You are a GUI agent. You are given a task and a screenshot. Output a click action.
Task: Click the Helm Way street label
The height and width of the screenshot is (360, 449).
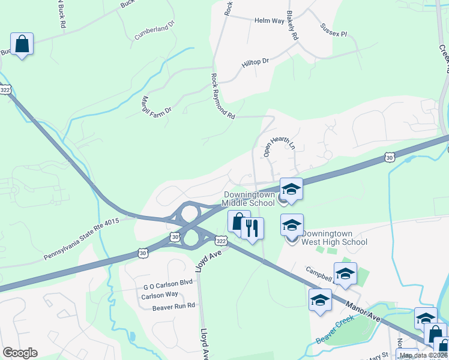tap(269, 21)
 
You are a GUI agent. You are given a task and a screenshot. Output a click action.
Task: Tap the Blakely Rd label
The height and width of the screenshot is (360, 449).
tap(292, 25)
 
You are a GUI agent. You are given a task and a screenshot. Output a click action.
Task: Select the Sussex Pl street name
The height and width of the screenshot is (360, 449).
tap(334, 30)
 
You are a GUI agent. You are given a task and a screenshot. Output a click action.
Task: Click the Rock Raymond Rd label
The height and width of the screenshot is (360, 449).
tap(222, 97)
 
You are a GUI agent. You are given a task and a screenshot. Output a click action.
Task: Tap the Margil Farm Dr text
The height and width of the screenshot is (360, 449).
tap(156, 105)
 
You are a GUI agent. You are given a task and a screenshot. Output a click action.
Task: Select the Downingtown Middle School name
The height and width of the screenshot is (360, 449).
tap(249, 199)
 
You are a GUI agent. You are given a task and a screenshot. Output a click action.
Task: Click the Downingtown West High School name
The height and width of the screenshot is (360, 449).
tap(334, 238)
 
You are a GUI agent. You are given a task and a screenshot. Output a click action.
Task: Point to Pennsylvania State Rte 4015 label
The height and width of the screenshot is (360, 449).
tap(82, 240)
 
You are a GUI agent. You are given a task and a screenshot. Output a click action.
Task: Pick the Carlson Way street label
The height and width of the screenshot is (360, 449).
tap(160, 295)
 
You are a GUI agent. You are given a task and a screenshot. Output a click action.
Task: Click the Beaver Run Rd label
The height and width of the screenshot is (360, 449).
tap(174, 305)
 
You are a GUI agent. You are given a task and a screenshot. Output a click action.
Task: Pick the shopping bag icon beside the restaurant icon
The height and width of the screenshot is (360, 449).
tap(238, 221)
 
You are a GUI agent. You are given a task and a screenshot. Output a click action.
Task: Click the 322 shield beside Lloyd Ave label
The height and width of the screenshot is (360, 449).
tap(220, 240)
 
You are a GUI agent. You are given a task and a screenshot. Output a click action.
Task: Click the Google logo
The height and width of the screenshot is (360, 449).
tap(20, 353)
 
